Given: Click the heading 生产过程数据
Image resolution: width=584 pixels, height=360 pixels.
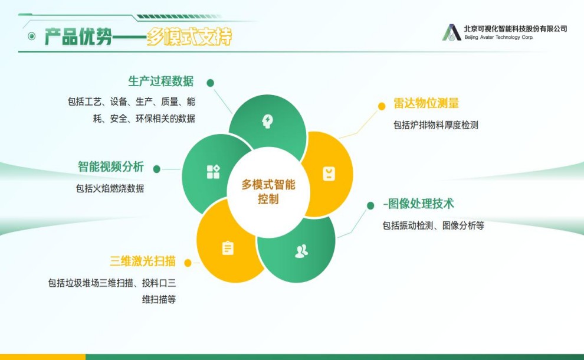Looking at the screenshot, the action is click(x=161, y=81).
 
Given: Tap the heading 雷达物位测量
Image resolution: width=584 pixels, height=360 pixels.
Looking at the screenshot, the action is click(x=426, y=103).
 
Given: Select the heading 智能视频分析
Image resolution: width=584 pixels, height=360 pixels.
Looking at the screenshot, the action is click(x=111, y=166).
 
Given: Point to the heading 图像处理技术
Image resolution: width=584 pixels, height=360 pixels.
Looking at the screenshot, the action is click(x=421, y=204).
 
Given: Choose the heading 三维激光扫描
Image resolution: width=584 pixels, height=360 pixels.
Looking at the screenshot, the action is click(x=143, y=261).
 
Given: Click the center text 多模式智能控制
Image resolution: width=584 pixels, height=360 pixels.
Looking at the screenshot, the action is click(x=268, y=192).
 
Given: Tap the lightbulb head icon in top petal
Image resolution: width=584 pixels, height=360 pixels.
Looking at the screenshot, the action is click(x=267, y=122).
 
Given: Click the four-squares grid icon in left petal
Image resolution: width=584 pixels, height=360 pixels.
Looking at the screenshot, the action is click(x=214, y=172).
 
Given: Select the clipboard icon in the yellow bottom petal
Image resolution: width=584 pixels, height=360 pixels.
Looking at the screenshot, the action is click(x=228, y=248).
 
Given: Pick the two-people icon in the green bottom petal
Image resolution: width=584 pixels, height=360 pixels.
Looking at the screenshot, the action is click(x=301, y=251).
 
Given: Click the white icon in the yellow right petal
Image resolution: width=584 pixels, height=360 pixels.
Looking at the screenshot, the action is click(x=329, y=174).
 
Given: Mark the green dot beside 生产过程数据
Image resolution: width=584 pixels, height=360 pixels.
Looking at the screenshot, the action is click(x=211, y=83).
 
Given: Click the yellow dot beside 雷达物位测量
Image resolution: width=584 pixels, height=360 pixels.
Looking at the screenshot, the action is click(x=382, y=106).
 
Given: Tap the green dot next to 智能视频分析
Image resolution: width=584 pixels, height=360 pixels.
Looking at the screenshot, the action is click(x=157, y=169).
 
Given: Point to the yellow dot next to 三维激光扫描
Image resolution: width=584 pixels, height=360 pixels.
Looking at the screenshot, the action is click(x=188, y=263).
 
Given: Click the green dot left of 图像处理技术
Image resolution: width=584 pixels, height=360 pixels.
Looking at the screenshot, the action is click(x=370, y=206).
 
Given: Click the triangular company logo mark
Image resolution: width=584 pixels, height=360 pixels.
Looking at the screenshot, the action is click(x=451, y=32).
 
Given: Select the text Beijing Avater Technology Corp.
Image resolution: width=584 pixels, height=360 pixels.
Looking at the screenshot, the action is click(x=498, y=37).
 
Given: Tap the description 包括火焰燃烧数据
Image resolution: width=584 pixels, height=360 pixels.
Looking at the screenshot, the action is click(x=110, y=189).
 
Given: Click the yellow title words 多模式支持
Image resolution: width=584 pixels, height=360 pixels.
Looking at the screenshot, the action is click(x=189, y=37).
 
